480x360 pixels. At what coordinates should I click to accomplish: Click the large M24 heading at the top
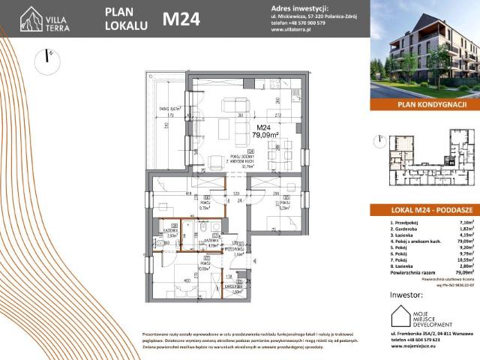181,19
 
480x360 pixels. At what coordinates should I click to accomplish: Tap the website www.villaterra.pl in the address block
292,30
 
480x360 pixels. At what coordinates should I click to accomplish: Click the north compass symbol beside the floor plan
48,58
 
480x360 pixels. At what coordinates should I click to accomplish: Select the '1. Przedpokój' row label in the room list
406,223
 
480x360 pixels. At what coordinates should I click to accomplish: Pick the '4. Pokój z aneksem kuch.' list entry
417,242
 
